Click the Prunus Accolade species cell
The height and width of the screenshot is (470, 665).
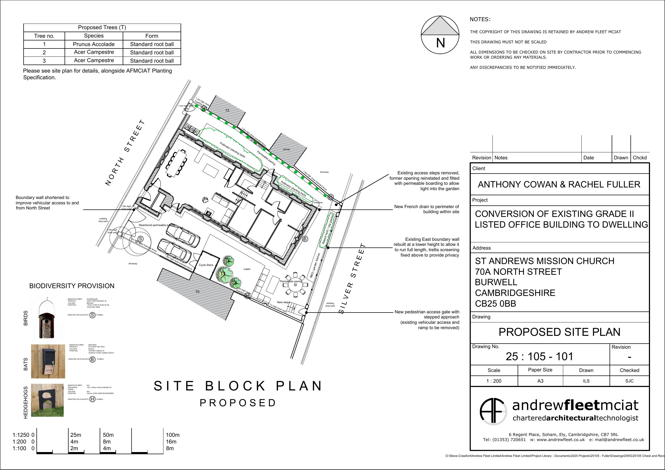[x=94, y=44]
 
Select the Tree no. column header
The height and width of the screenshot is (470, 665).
[x=44, y=36]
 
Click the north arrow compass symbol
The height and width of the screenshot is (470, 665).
[x=440, y=35]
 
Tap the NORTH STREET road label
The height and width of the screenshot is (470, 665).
[x=125, y=153]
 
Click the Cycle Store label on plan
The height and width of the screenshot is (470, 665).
[x=206, y=265]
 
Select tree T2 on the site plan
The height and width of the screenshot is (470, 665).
[x=228, y=260]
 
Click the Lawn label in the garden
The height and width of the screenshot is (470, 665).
[x=247, y=269]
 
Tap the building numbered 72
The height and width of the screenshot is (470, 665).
[x=227, y=110]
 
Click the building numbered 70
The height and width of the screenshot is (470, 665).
[x=197, y=292]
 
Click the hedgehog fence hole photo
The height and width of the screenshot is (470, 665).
[x=47, y=400]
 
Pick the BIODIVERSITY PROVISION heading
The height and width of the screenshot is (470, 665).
[x=72, y=286]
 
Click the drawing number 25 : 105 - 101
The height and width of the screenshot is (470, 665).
[x=539, y=356]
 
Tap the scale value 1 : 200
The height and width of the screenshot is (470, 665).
[x=494, y=381]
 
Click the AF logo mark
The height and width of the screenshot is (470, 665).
[x=493, y=411]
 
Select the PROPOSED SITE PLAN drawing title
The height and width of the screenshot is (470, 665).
[x=559, y=332]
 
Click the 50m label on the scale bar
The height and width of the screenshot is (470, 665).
[x=108, y=435]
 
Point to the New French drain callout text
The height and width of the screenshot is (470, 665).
[x=426, y=209]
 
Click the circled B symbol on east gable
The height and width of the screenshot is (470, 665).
[x=305, y=239]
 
